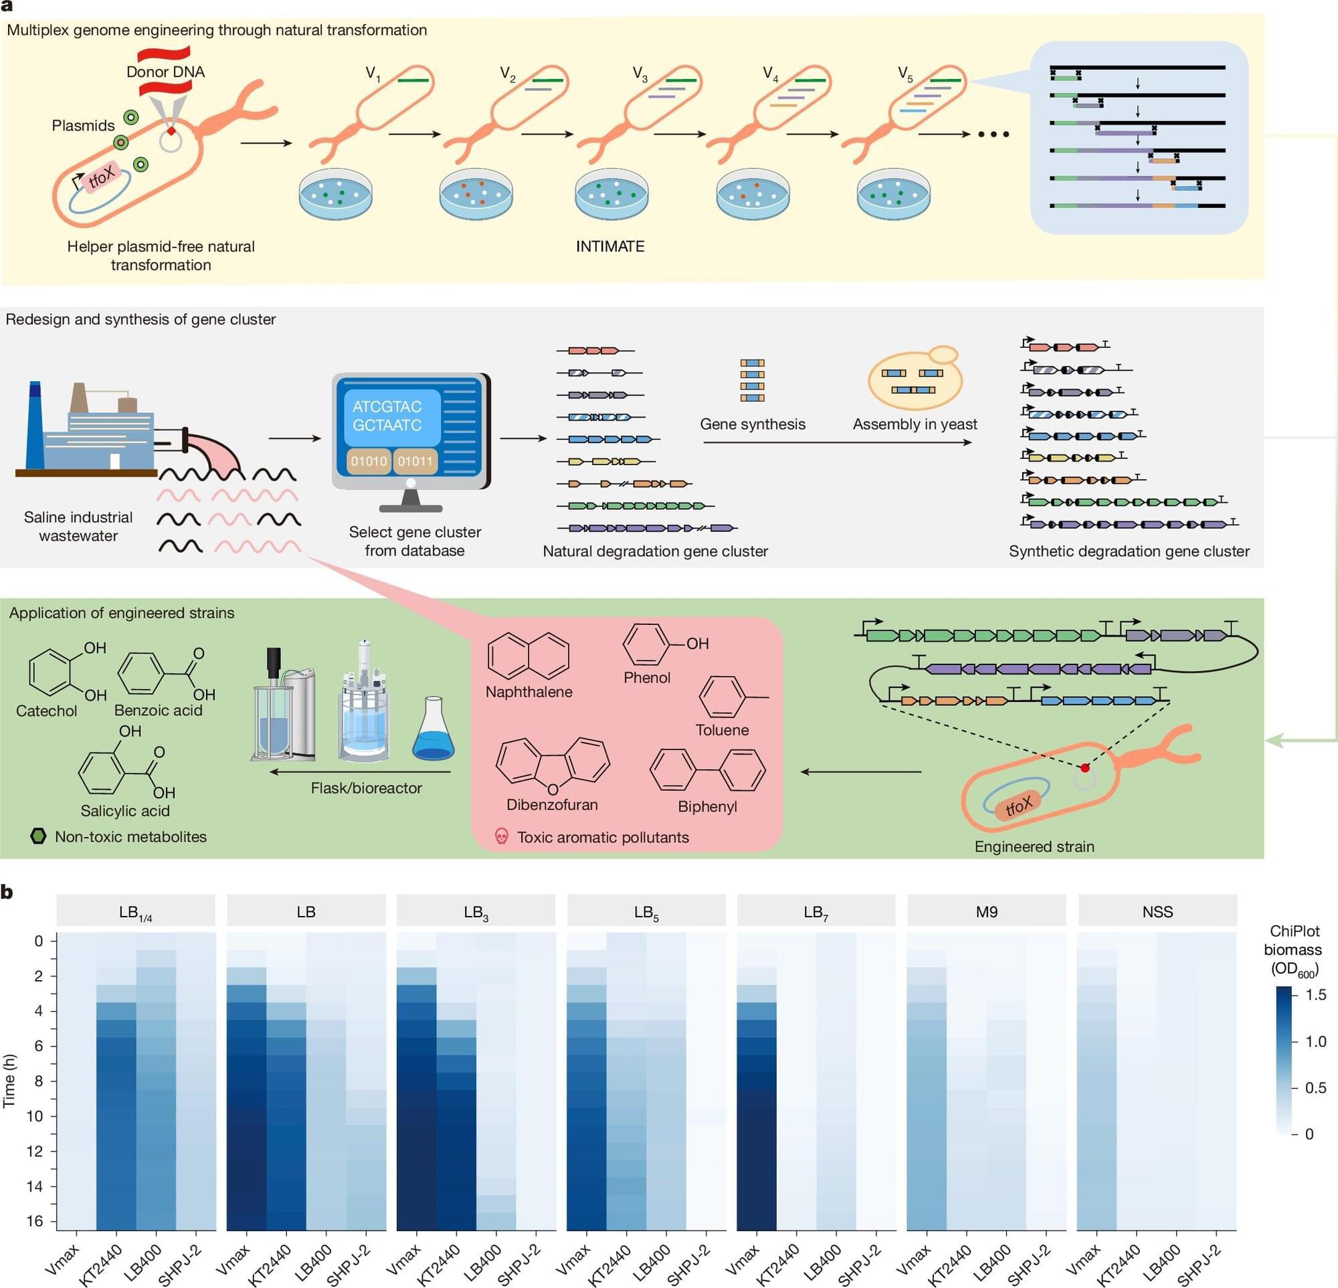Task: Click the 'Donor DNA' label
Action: tap(165, 72)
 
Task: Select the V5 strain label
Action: tap(905, 74)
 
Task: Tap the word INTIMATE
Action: tap(610, 246)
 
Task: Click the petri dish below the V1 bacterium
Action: tap(336, 195)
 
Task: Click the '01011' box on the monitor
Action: tap(415, 462)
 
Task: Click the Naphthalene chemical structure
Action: tap(529, 656)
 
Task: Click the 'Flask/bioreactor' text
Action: tap(367, 788)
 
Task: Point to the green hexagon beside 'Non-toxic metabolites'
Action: tap(39, 836)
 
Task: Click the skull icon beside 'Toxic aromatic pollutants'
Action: tap(502, 836)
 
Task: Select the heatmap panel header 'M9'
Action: tap(986, 911)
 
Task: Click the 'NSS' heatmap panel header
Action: tap(1158, 911)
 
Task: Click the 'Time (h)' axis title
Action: tap(9, 1081)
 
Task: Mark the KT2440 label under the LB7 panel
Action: tap(778, 1264)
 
